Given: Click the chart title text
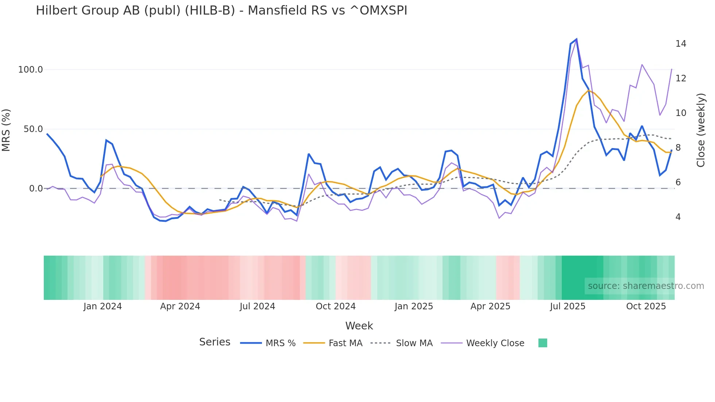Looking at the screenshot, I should click(x=221, y=11).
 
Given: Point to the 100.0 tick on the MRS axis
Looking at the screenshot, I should click(x=31, y=70).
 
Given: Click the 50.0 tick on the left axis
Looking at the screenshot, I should click(x=33, y=129).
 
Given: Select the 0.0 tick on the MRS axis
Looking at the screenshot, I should click(x=36, y=189).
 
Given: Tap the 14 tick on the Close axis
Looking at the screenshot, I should click(x=681, y=44).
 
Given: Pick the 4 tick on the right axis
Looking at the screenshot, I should click(x=678, y=217).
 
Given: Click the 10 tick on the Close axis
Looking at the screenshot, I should click(x=681, y=113).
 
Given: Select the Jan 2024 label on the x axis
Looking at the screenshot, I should click(x=103, y=306).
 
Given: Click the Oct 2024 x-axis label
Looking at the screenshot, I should click(x=336, y=306).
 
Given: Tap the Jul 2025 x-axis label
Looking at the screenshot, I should click(x=568, y=306).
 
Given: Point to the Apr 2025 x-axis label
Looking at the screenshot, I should click(x=490, y=306).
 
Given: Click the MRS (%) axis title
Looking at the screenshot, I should click(x=6, y=130).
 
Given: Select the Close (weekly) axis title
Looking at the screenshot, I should click(x=701, y=130).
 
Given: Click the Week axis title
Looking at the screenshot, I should click(x=359, y=326).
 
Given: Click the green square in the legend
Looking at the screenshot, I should click(x=543, y=343).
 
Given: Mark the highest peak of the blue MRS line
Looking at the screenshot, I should click(x=576, y=39).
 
